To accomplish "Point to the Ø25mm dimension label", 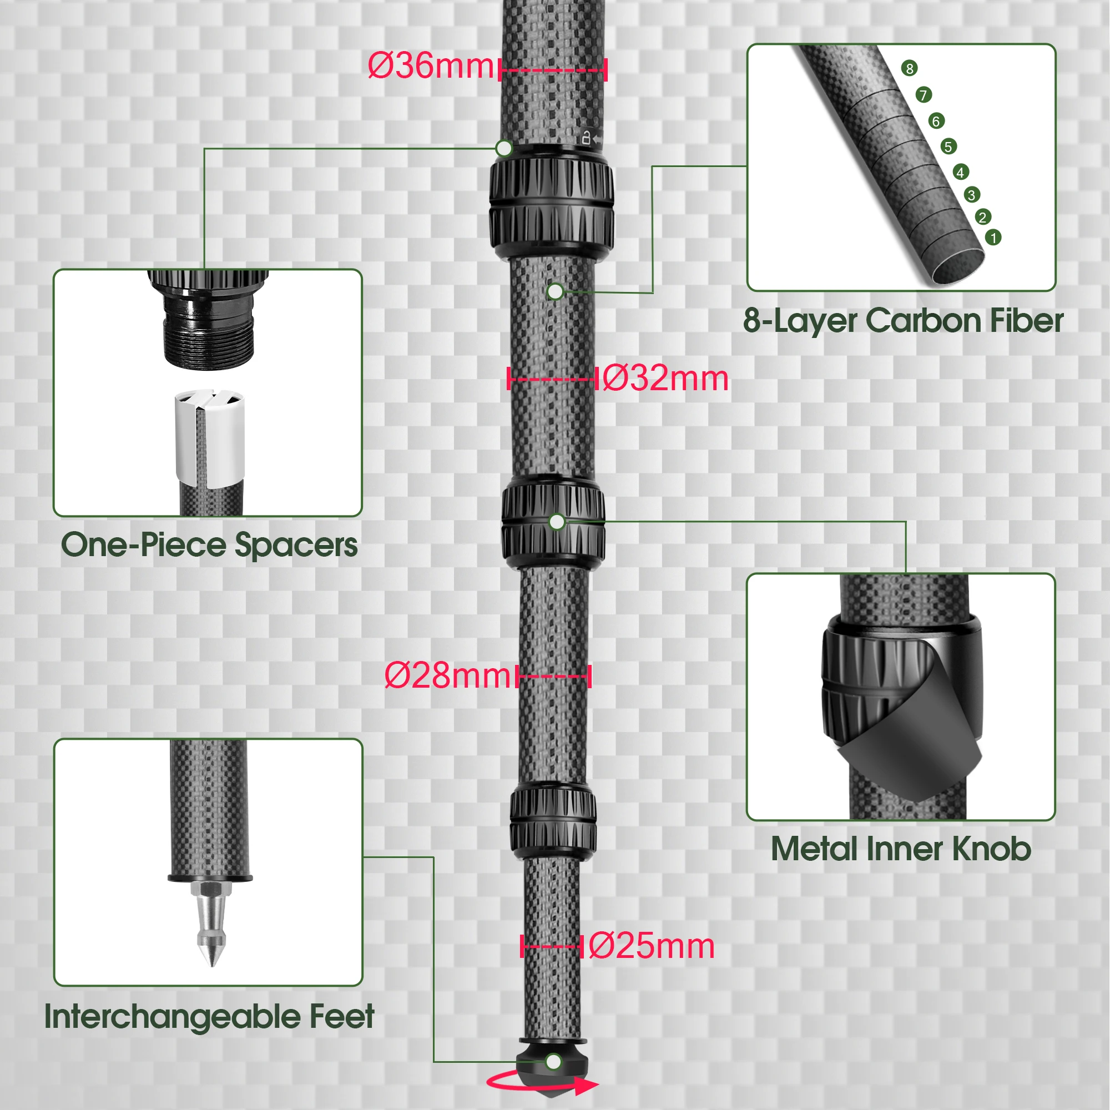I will pos(651,946).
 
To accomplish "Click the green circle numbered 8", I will pos(909,68).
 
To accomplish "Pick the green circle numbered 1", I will pos(993,238).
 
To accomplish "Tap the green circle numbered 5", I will pos(948,147).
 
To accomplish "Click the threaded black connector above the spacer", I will pos(208,330).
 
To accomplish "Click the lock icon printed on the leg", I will pos(586,138).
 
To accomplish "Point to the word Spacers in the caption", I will pos(296,545).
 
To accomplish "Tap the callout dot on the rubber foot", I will pos(553,1062).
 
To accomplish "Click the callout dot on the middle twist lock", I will pos(557,522).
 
